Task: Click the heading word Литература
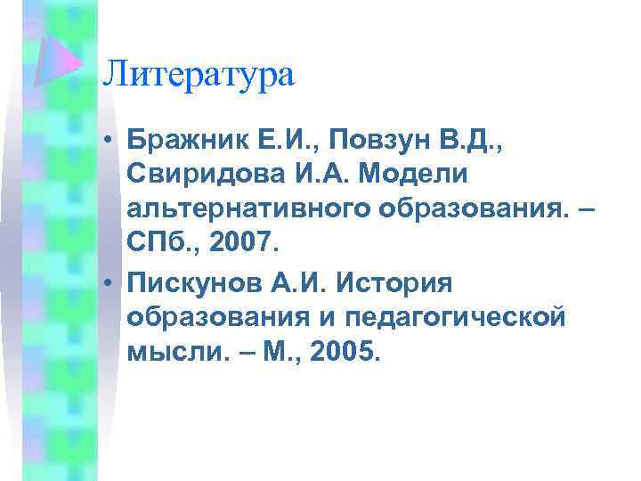[198, 73]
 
